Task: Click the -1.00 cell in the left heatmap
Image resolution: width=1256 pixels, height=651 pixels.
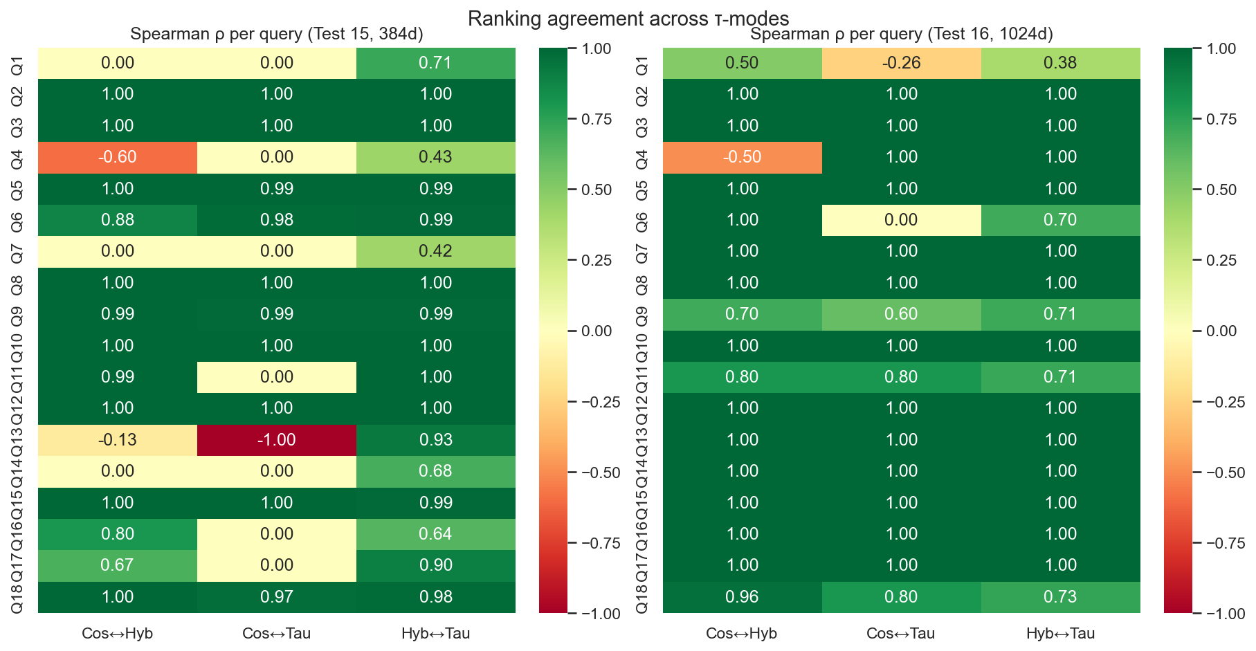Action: [x=277, y=440]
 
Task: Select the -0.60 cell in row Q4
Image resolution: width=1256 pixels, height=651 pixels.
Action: [x=118, y=157]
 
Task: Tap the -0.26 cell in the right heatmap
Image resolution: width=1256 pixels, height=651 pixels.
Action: [x=901, y=63]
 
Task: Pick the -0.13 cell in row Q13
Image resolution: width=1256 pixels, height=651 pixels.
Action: [x=118, y=440]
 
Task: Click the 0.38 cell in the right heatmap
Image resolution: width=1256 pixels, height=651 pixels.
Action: [x=1060, y=63]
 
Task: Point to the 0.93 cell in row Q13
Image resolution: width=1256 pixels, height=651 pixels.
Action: [x=435, y=440]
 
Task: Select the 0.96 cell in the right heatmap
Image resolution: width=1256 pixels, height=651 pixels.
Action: [x=742, y=597]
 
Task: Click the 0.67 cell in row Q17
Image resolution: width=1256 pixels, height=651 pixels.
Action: [x=118, y=565]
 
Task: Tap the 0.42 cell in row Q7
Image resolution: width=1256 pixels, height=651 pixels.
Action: [x=435, y=251]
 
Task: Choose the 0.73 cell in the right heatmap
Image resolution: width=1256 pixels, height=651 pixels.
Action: [x=1060, y=597]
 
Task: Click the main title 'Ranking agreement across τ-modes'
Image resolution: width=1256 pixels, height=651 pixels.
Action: [x=628, y=18]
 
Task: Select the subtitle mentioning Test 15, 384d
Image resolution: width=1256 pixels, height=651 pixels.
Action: [x=277, y=34]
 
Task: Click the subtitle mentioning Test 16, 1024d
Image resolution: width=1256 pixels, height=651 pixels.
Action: [x=901, y=34]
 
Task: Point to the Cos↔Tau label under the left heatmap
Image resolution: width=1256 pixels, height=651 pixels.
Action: [x=277, y=634]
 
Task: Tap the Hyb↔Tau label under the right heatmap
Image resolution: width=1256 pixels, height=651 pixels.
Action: [x=1060, y=634]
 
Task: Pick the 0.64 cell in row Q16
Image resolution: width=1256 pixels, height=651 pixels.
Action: [x=435, y=534]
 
